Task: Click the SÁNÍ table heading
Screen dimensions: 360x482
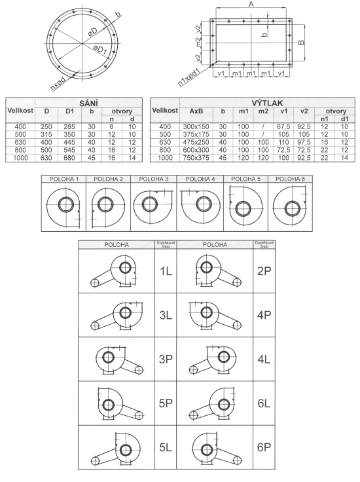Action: click(x=88, y=103)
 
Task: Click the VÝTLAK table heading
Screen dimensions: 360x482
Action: click(x=267, y=103)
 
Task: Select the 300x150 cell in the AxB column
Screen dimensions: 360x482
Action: click(x=196, y=126)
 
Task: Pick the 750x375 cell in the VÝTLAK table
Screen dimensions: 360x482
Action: click(x=196, y=158)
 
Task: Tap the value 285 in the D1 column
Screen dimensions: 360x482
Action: click(x=69, y=126)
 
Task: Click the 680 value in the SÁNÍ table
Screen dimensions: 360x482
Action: click(x=69, y=158)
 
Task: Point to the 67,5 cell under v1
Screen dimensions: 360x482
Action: click(x=283, y=126)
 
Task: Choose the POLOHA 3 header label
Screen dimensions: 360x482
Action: click(x=154, y=179)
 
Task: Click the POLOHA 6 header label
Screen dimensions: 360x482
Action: click(x=290, y=179)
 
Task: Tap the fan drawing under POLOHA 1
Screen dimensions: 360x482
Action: click(x=64, y=206)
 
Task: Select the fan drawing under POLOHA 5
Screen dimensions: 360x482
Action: click(x=245, y=206)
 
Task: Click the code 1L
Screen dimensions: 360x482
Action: click(x=166, y=271)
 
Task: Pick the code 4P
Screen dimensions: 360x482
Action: click(x=264, y=315)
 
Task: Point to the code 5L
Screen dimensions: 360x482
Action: click(x=166, y=447)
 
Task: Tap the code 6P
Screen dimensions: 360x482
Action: click(x=264, y=447)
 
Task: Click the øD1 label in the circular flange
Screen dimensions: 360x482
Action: click(x=100, y=50)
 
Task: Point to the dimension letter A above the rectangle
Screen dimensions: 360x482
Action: click(x=251, y=5)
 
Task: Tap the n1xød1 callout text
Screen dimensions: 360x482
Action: click(x=189, y=77)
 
